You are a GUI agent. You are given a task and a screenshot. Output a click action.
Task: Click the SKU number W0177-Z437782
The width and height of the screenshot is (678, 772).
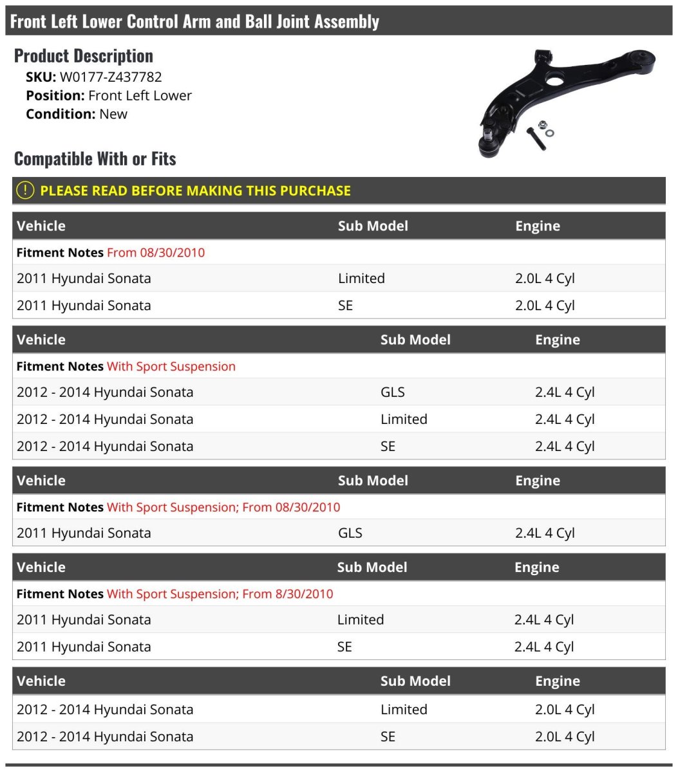coord(111,77)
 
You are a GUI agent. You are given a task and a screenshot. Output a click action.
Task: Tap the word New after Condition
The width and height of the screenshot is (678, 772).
coord(113,114)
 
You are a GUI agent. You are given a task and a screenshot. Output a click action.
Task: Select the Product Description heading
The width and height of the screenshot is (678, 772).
coord(84,56)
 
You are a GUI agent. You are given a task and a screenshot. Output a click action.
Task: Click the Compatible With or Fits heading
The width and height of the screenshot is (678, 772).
coord(95,159)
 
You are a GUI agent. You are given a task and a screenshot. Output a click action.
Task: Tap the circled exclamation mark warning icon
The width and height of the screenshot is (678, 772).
coord(24,190)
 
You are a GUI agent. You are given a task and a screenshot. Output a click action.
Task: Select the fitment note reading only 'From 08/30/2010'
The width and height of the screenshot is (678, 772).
coord(156,253)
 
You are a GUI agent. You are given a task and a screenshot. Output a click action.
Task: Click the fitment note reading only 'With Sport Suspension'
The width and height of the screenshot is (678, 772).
coord(171,367)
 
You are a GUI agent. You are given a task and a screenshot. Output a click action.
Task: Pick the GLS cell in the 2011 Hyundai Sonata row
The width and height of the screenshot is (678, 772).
coord(350,533)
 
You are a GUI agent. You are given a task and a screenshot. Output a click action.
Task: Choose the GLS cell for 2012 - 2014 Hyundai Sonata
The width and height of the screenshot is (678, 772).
coord(393,392)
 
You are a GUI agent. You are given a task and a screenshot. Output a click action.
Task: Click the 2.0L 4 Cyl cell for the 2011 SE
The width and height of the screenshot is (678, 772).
coord(545,306)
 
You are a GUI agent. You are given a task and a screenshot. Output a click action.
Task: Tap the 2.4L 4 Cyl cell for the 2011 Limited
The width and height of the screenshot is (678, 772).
coord(543,620)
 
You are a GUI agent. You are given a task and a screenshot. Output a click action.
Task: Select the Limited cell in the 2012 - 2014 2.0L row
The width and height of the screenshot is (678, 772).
coord(404,710)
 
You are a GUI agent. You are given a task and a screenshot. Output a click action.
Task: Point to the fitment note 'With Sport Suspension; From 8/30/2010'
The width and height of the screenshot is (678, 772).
coord(220,594)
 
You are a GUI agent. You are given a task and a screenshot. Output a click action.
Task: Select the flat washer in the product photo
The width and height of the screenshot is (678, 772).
coord(550,133)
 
